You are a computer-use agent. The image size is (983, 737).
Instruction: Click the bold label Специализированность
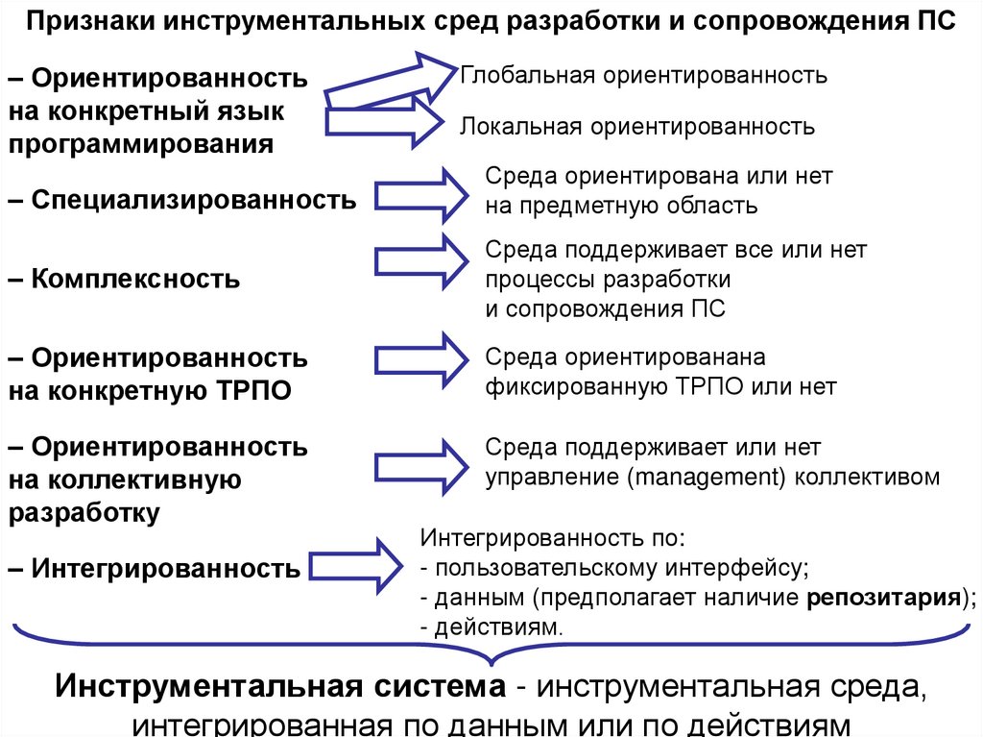click(x=193, y=200)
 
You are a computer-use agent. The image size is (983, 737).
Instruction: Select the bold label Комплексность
click(x=134, y=280)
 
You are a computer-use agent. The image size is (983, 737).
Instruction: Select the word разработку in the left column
click(x=84, y=511)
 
